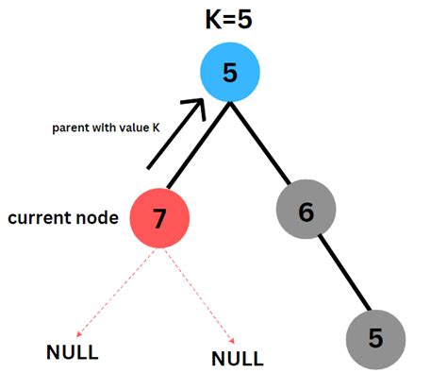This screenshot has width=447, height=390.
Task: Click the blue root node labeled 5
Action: pyautogui.click(x=230, y=73)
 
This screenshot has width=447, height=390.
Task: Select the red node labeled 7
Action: pyautogui.click(x=159, y=217)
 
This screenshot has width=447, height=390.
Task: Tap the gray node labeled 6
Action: pyautogui.click(x=306, y=212)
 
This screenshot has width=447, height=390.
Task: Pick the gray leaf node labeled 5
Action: pyautogui.click(x=375, y=338)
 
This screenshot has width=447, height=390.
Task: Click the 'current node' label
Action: pyautogui.click(x=63, y=218)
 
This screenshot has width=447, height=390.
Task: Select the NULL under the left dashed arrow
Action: pyautogui.click(x=73, y=353)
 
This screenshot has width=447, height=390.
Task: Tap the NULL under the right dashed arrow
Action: pyautogui.click(x=237, y=359)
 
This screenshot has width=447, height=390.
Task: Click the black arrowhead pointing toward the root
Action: pyautogui.click(x=196, y=110)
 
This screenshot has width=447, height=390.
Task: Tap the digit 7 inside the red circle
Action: pyautogui.click(x=159, y=218)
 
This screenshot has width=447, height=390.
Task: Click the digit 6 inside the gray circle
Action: pyautogui.click(x=306, y=212)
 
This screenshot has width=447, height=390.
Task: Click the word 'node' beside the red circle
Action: pyautogui.click(x=98, y=218)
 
